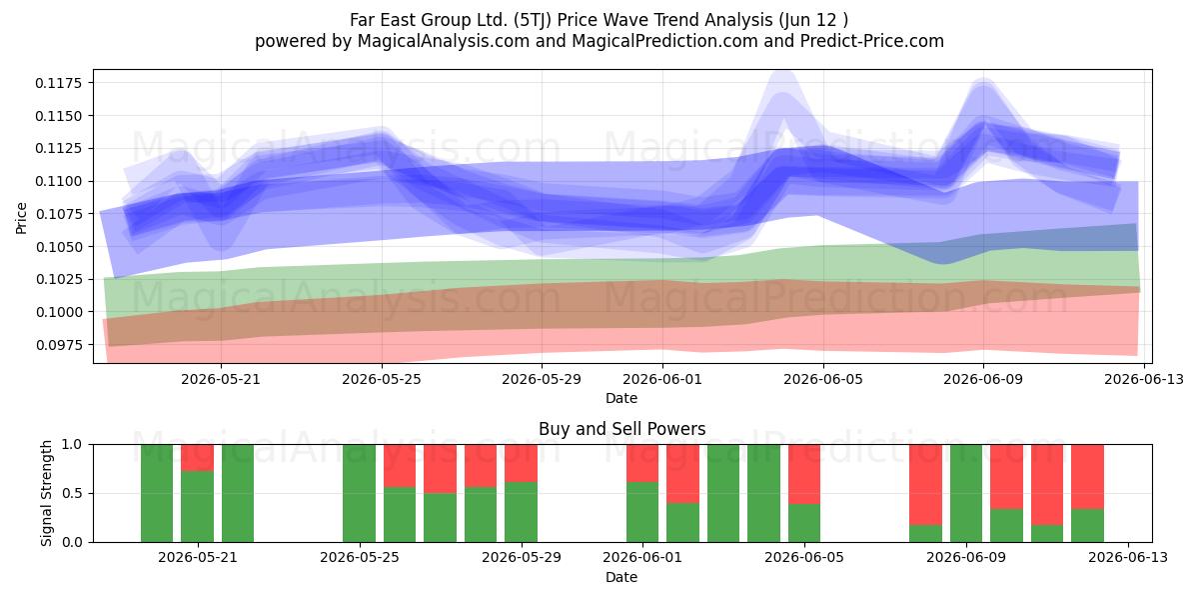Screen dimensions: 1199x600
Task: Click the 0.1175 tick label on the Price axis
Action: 58,83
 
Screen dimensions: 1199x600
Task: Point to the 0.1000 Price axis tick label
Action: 58,312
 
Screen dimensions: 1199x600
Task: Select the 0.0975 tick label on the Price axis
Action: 58,345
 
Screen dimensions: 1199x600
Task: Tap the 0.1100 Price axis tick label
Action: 58,181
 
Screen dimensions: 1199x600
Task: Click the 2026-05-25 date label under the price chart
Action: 382,379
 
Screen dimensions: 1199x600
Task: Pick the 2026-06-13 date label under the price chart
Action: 1144,379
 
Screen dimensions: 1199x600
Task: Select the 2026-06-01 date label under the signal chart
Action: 642,557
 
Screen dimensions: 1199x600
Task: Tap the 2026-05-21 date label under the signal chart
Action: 198,557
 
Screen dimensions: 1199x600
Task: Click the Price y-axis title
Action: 21,218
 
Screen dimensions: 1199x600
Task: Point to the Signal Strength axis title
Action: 47,493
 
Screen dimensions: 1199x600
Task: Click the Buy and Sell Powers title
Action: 621,429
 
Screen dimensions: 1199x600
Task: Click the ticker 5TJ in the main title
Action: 533,20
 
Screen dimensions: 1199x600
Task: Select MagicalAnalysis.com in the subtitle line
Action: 444,41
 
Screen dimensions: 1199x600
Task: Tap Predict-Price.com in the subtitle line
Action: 872,41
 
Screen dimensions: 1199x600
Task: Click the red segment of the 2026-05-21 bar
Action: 198,458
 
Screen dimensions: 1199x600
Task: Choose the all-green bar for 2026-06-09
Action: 966,493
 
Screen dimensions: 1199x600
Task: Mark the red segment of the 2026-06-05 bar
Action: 804,474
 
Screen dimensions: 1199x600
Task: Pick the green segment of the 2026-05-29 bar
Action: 521,512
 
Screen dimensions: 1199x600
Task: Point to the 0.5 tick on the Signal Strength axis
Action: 73,493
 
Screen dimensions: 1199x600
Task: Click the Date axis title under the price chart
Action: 621,398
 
